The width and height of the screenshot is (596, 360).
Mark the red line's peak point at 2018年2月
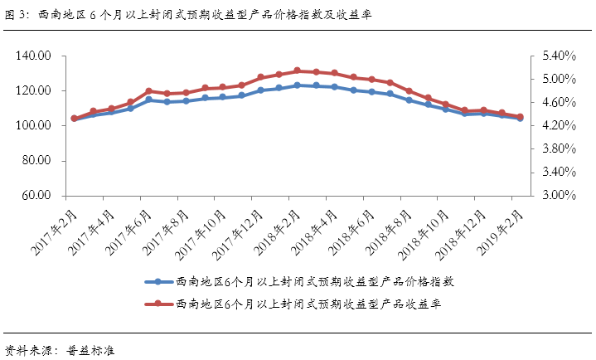tap(298, 71)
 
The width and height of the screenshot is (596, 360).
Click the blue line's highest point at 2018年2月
tap(298, 85)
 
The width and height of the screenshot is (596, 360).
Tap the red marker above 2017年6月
tap(149, 91)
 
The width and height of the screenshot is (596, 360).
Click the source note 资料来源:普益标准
tap(59, 349)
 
